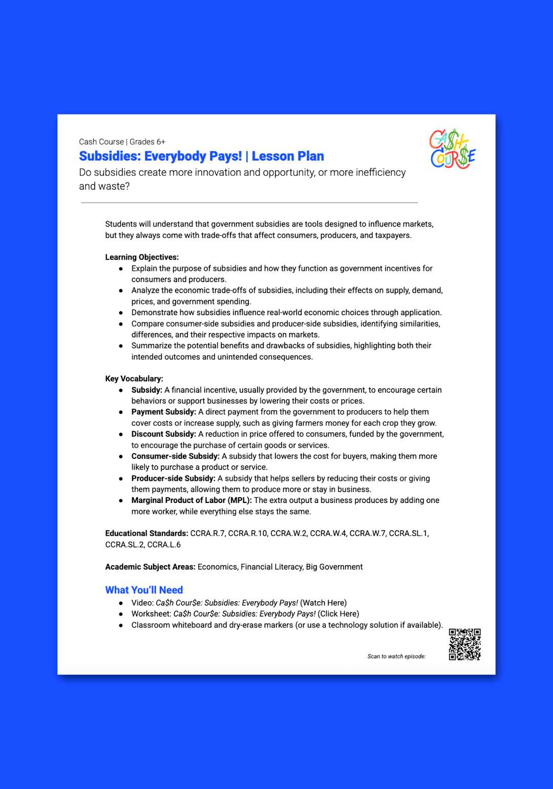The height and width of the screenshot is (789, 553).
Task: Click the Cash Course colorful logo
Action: click(x=453, y=149)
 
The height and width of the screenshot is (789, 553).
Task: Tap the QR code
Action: click(x=464, y=644)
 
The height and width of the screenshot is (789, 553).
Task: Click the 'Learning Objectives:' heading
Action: click(x=142, y=257)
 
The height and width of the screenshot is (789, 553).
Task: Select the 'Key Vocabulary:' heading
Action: click(x=134, y=379)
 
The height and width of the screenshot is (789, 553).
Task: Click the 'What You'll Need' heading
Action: click(x=144, y=590)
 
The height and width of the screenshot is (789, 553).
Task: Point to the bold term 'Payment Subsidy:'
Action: click(x=163, y=412)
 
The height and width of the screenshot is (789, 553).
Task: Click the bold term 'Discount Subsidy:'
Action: click(x=163, y=434)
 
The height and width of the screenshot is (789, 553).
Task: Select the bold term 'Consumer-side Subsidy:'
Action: click(x=175, y=456)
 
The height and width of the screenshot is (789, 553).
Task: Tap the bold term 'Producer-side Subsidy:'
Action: click(x=173, y=478)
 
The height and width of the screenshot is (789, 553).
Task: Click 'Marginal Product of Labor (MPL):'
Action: click(x=192, y=500)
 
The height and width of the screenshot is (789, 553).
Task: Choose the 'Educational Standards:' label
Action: click(x=146, y=533)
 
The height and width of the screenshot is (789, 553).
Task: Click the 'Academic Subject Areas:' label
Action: click(x=150, y=567)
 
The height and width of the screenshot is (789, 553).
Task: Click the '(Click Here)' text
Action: click(x=338, y=613)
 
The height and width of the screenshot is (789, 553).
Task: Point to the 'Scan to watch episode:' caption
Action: click(x=396, y=656)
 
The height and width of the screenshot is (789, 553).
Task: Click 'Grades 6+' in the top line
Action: click(x=147, y=142)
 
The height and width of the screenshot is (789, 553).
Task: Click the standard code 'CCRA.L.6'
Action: click(x=164, y=544)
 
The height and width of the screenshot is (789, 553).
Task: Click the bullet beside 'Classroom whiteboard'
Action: click(x=121, y=625)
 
